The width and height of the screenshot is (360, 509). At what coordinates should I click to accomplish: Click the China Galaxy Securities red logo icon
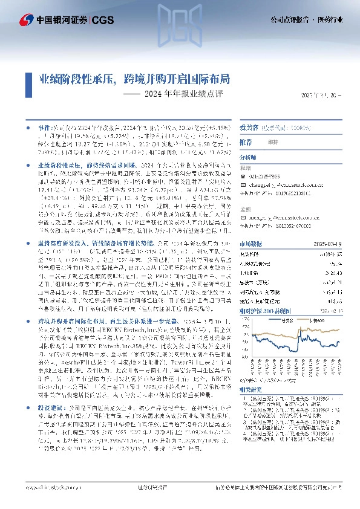click(x=26, y=20)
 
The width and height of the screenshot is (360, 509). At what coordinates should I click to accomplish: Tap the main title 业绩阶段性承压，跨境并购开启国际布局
click(x=134, y=79)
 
